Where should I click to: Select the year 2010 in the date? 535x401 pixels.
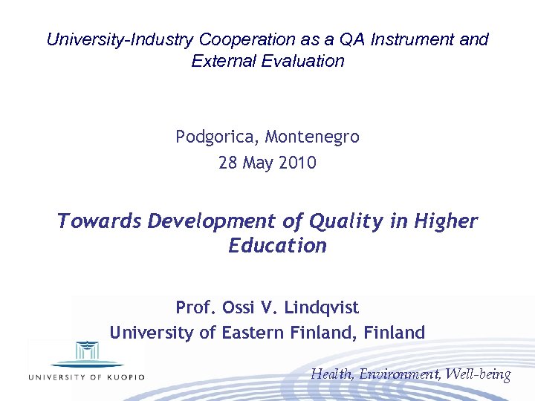[x=297, y=163]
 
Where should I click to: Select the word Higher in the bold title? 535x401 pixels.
[x=446, y=221]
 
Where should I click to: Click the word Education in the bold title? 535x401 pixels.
[x=278, y=246]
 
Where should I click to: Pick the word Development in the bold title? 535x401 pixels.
[x=206, y=221]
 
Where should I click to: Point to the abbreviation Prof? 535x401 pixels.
[x=193, y=307]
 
